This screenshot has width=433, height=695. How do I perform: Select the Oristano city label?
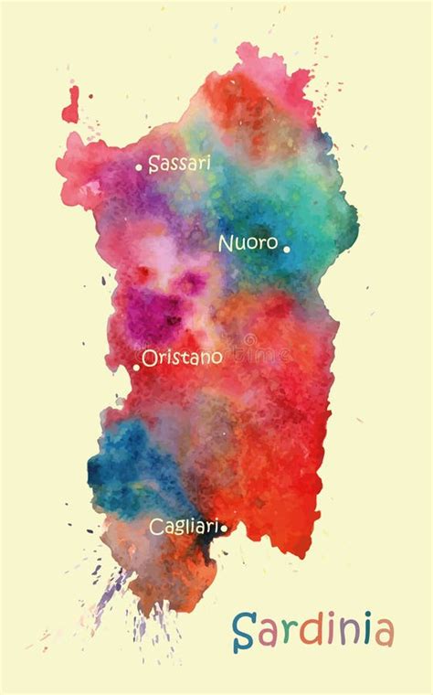[182, 357]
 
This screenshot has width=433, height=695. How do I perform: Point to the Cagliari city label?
[184, 527]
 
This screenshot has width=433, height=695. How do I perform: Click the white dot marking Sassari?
[139, 167]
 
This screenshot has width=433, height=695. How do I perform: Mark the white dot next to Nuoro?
[286, 248]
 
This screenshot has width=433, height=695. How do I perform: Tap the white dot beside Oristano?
[137, 366]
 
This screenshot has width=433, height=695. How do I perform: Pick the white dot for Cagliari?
[224, 527]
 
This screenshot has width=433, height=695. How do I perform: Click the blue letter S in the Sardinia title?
[242, 632]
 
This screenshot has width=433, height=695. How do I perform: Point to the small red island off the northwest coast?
[70, 105]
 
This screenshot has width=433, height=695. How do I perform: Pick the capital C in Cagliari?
[156, 527]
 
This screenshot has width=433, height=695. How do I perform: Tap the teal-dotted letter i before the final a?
[364, 631]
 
